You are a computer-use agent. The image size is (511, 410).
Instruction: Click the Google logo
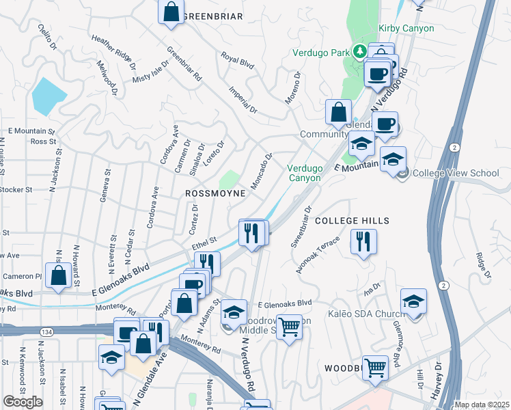point(23,402)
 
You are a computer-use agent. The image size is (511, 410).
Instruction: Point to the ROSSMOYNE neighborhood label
point(215,193)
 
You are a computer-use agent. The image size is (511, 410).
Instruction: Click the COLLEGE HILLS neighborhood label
point(352,221)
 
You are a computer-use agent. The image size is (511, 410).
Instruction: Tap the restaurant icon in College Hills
point(363,242)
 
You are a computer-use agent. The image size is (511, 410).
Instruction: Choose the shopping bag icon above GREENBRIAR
point(171,11)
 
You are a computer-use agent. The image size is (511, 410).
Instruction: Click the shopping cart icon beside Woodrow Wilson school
point(290,327)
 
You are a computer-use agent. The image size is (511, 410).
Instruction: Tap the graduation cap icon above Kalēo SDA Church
point(414,301)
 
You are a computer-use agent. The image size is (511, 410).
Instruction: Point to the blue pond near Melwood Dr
point(49,96)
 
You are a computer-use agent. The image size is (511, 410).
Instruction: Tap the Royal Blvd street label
point(237,62)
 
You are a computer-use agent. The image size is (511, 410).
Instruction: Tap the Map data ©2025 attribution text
point(481,405)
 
